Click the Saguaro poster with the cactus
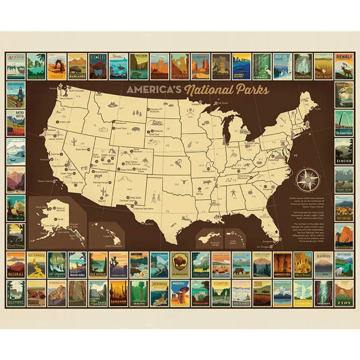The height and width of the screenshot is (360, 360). tap(118, 293)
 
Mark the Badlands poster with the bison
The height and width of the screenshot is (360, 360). tap(77, 66)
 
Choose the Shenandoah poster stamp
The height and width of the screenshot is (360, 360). tap(159, 293)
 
